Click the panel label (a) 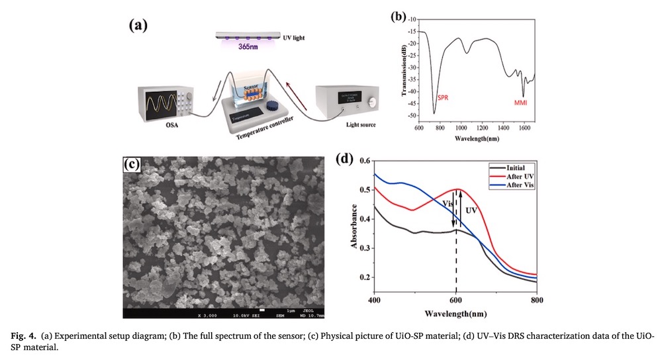tap(137, 25)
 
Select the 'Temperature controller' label tap(259, 132)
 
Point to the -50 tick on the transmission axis tap(411, 115)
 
